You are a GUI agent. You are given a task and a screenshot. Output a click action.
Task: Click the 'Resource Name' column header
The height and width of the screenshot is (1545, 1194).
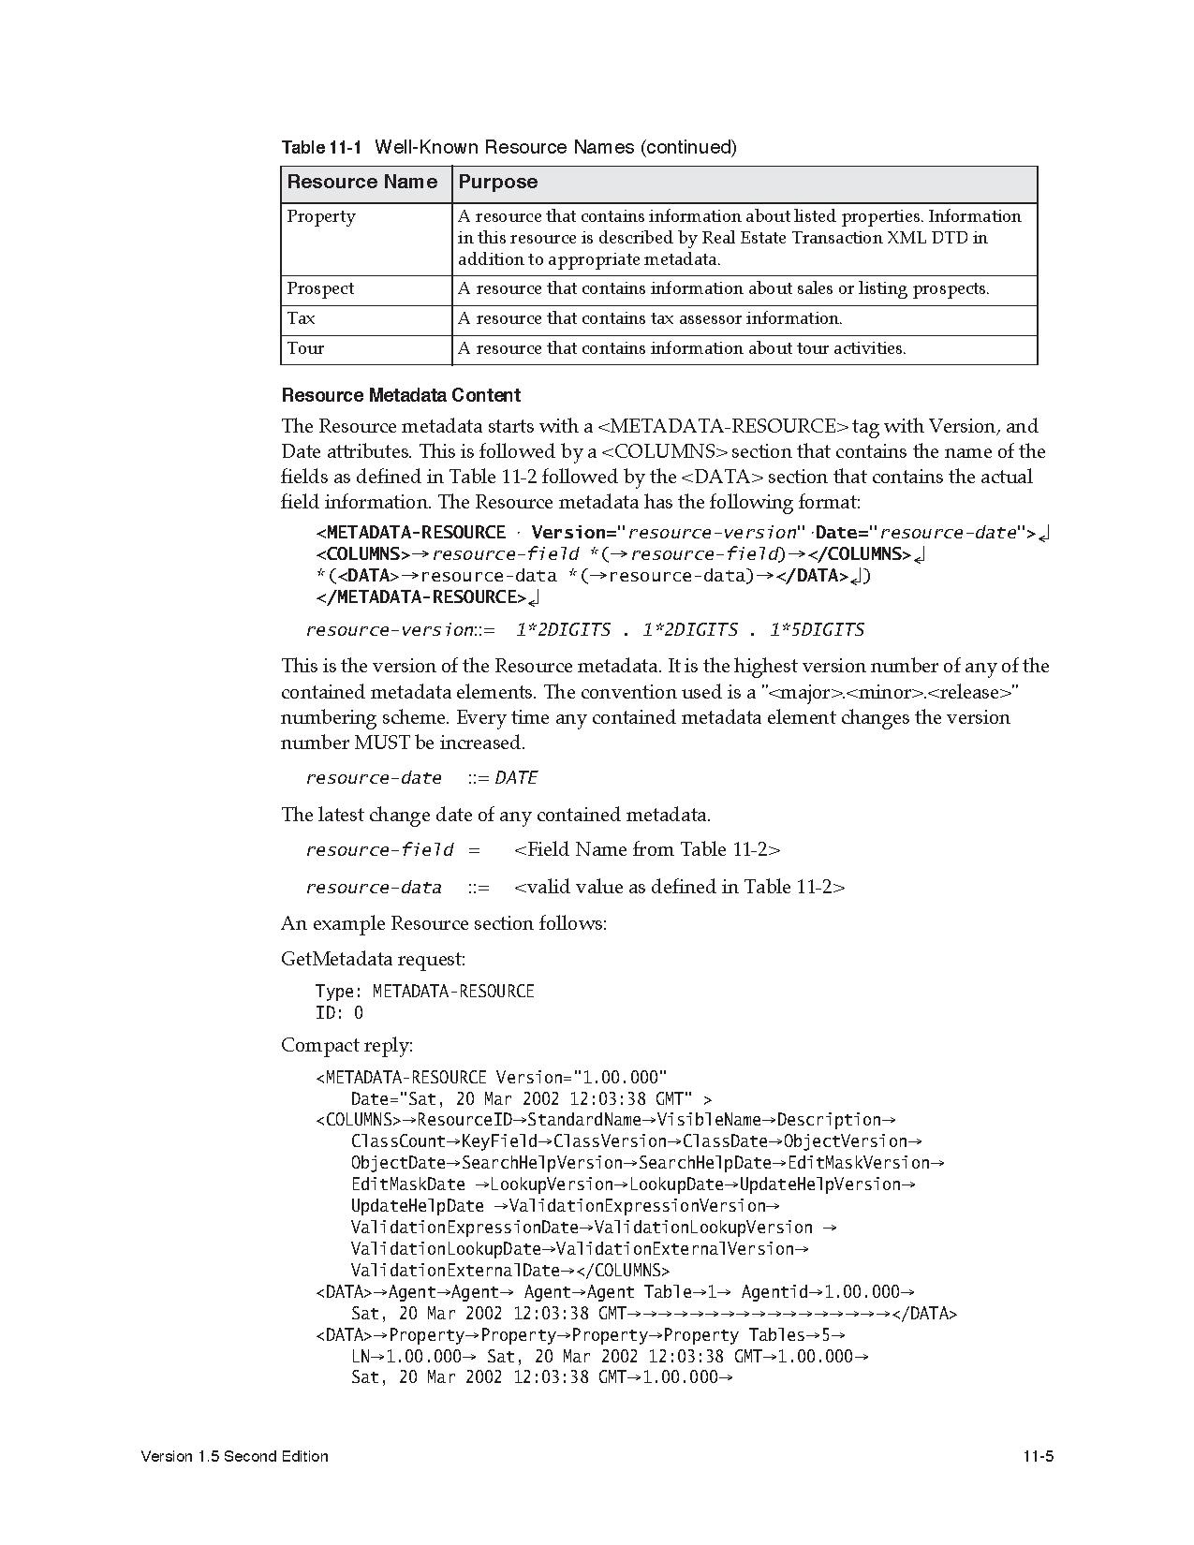pyautogui.click(x=361, y=183)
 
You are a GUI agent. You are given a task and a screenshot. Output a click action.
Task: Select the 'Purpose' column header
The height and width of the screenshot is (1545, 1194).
pyautogui.click(x=498, y=183)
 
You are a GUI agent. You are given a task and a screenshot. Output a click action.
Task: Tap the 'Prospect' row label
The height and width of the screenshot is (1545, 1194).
pyautogui.click(x=320, y=289)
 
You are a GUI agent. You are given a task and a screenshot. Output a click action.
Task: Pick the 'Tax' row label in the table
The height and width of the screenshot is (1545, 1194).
pyautogui.click(x=301, y=319)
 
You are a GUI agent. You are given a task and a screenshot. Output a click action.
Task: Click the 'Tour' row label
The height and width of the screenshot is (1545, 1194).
pyautogui.click(x=305, y=349)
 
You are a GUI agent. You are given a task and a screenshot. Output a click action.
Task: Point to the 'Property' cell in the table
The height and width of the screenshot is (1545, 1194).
pyautogui.click(x=321, y=217)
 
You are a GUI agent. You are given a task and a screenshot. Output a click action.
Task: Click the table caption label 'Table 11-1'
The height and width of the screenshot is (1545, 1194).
pyautogui.click(x=321, y=148)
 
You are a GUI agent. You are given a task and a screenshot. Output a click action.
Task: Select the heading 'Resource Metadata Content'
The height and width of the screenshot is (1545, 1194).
pyautogui.click(x=401, y=396)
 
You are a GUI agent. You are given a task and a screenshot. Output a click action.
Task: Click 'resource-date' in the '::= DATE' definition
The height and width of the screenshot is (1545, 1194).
pyautogui.click(x=374, y=778)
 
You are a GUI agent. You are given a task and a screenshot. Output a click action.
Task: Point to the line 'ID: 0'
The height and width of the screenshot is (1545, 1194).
pyautogui.click(x=339, y=1013)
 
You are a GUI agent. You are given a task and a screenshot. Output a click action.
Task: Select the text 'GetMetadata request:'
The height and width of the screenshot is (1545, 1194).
pyautogui.click(x=373, y=960)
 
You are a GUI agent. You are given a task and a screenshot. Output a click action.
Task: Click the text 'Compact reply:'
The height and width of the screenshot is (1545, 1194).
pyautogui.click(x=346, y=1046)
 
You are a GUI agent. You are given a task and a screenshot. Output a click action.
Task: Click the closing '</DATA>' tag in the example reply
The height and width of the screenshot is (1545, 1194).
pyautogui.click(x=924, y=1314)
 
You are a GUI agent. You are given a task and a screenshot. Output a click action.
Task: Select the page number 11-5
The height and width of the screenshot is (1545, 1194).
pyautogui.click(x=1039, y=1457)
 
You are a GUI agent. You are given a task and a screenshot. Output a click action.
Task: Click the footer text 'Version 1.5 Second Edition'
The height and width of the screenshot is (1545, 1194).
pyautogui.click(x=234, y=1457)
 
